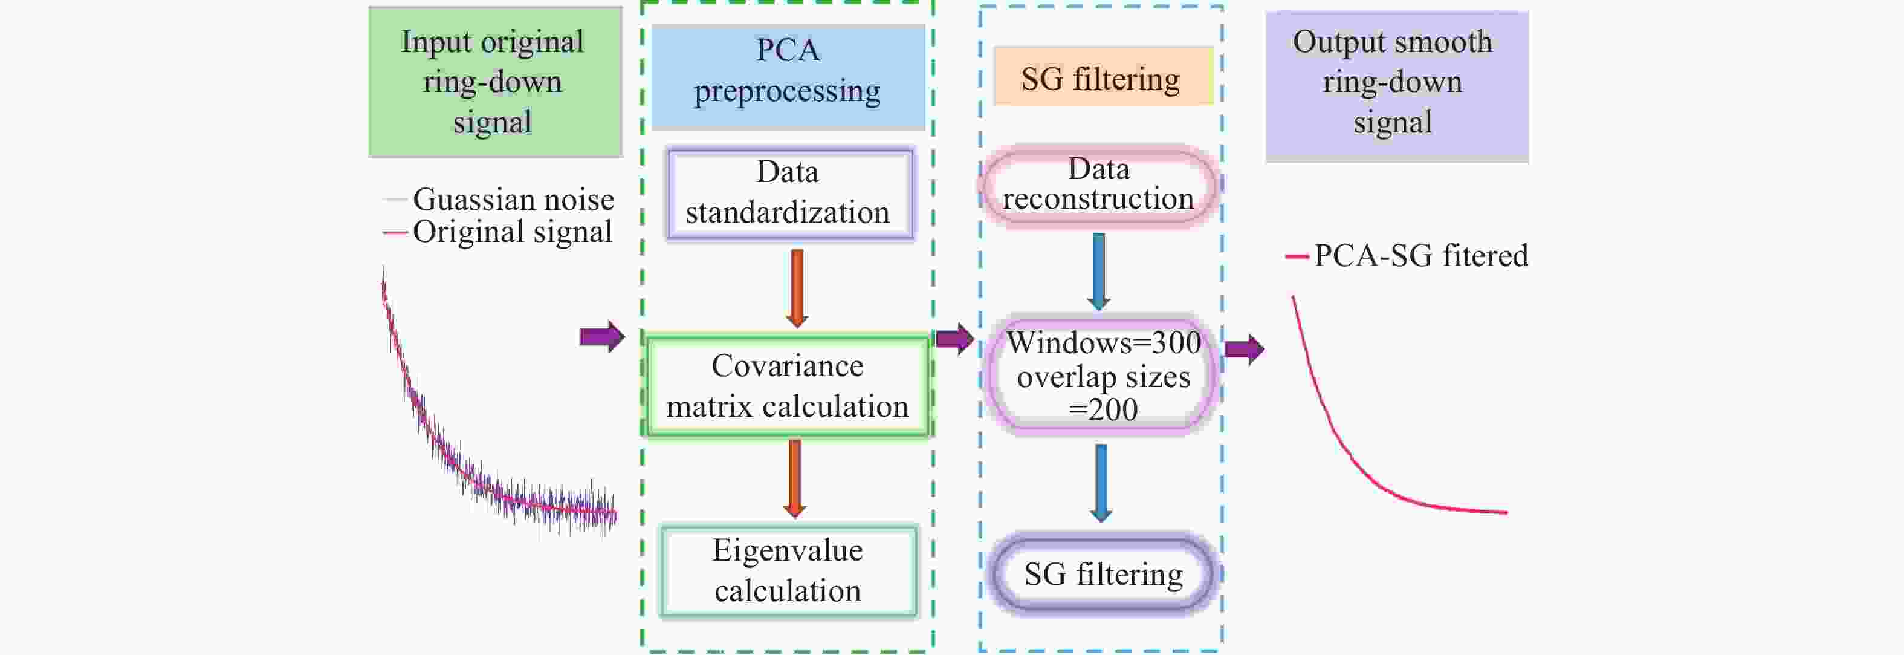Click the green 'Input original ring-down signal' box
(x=494, y=81)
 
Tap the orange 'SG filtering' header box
(x=1102, y=77)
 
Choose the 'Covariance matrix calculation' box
(x=788, y=386)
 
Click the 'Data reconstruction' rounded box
(x=1098, y=186)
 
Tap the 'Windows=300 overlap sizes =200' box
(x=1102, y=375)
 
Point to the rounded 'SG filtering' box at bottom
(x=1103, y=575)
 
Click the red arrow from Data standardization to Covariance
(x=797, y=288)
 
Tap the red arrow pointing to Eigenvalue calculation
(x=795, y=478)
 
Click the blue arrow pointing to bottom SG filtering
(x=1101, y=482)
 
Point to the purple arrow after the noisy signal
(x=601, y=337)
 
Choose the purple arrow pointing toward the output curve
(x=1244, y=349)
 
